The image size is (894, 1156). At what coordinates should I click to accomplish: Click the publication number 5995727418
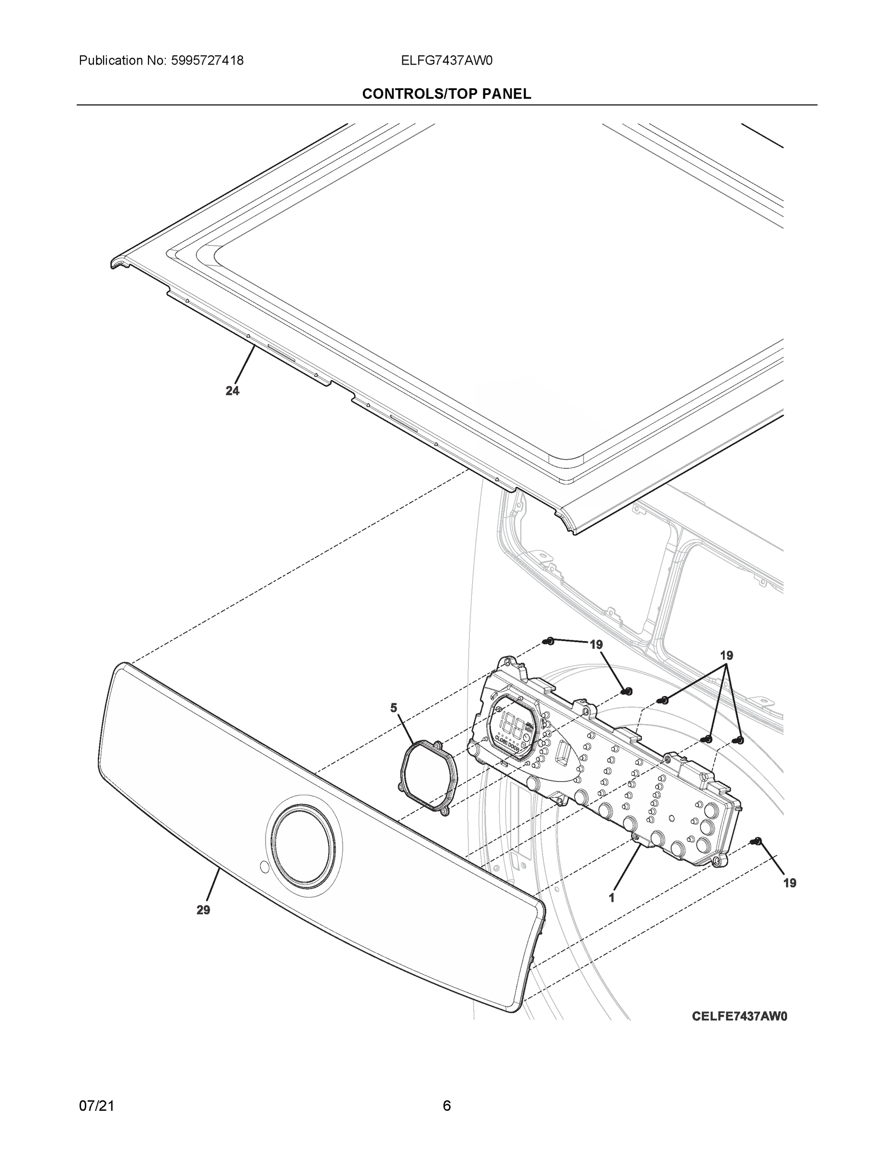207,61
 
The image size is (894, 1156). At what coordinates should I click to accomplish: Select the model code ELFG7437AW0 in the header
446,61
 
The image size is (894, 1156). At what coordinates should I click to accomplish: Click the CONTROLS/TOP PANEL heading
446,94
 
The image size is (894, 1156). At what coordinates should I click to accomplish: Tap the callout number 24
232,391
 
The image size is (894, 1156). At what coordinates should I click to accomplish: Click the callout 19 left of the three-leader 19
596,644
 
